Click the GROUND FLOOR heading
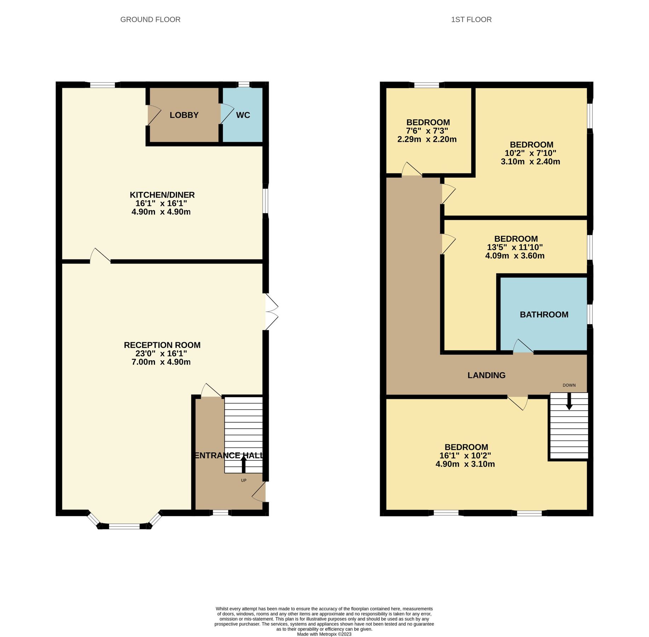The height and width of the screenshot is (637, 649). pos(150,19)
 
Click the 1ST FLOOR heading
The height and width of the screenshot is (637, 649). pos(471,19)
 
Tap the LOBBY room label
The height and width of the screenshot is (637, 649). pos(184,115)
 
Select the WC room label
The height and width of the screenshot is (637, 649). pos(243,115)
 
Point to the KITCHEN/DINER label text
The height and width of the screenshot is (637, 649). pos(162,195)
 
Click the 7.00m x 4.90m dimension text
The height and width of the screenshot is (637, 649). pos(161,362)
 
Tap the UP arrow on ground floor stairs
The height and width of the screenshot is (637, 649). pos(243,464)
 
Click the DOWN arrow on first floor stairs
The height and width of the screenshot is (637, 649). pos(569,401)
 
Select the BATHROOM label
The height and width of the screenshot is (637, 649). pos(544,315)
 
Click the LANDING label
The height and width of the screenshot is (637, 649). pos(486,375)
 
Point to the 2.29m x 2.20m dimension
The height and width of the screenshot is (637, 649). pos(427,139)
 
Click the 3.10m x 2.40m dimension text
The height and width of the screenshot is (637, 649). pos(530,162)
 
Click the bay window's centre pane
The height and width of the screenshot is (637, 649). pos(124,526)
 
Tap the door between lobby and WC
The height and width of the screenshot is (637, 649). pos(224,114)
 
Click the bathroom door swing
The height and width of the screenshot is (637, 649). pos(523,347)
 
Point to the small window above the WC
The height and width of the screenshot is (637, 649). pos(243,84)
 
